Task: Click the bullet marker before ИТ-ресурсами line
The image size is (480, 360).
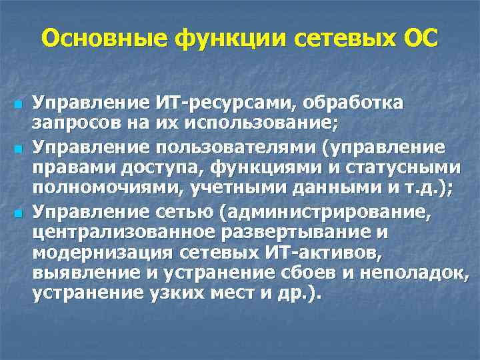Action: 18,105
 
